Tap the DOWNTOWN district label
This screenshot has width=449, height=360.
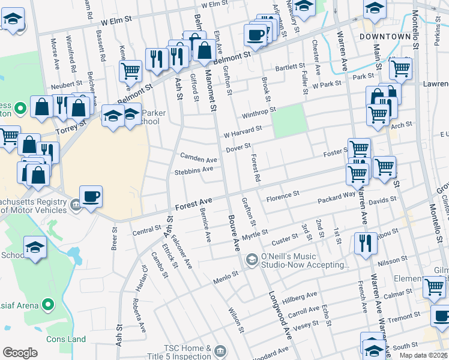pos(384,37)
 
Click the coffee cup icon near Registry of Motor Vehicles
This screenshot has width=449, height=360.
pos(91,197)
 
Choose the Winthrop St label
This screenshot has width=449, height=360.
pos(258,112)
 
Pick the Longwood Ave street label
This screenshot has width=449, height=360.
pos(279,312)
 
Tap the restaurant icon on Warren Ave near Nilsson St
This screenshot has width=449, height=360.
pos(365,244)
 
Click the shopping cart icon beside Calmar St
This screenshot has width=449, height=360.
pos(434,287)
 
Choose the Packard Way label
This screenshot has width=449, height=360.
pos(337,196)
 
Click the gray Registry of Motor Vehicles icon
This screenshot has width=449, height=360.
pos(76,206)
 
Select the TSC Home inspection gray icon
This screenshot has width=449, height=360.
pos(220,350)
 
